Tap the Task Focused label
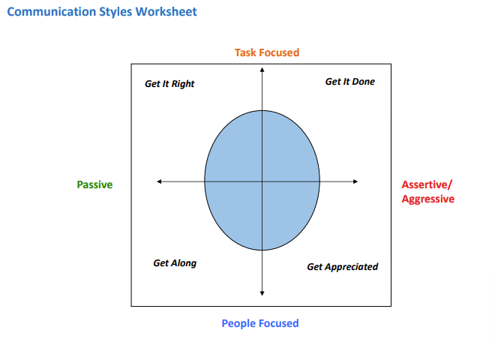[267, 52]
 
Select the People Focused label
[260, 323]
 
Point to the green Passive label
[94, 184]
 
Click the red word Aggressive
[427, 199]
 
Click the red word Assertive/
[427, 184]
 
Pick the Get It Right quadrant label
[169, 84]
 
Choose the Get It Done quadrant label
[349, 82]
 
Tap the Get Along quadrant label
[175, 263]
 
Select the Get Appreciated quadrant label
[343, 267]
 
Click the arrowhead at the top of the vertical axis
[262, 70]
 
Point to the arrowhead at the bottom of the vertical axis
[262, 292]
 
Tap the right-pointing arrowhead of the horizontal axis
[355, 181]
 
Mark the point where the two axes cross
[262, 181]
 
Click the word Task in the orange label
[246, 52]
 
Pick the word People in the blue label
[238, 323]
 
